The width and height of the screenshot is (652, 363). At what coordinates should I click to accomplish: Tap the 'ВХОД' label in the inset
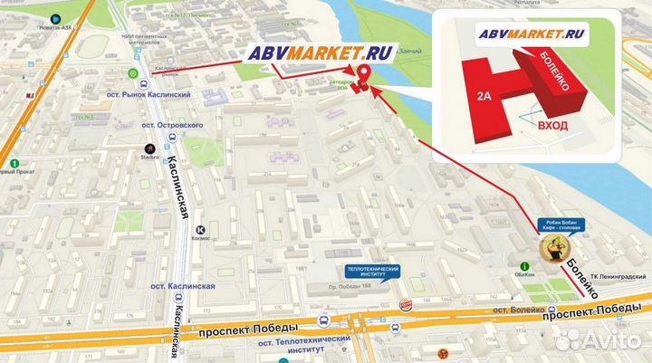[x=552, y=126]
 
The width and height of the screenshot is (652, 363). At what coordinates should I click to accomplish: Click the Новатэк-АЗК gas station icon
[x=56, y=17]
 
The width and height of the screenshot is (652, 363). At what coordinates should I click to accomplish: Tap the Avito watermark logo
[x=599, y=339]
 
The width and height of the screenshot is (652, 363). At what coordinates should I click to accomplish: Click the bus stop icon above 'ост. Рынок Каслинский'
[x=134, y=73]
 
